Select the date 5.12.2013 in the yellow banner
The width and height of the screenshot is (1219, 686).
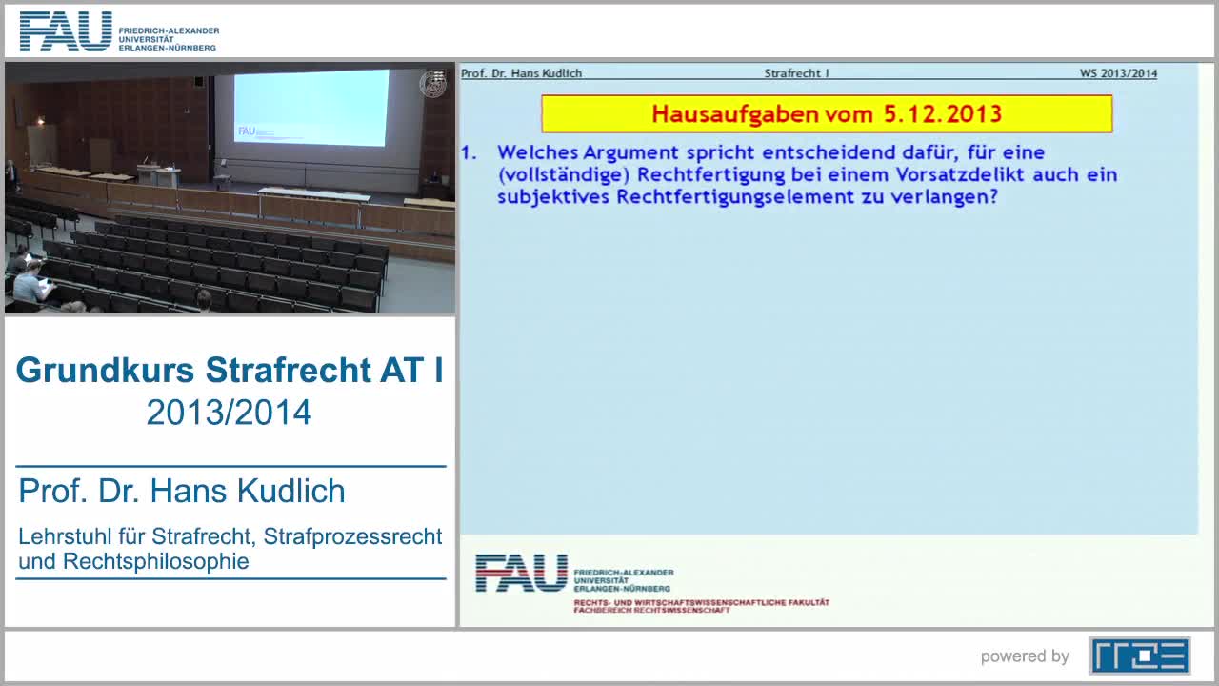click(942, 114)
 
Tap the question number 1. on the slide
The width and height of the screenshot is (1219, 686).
click(469, 152)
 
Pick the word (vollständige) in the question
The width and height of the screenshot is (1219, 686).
click(563, 175)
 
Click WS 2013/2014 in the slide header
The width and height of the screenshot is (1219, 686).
click(1118, 73)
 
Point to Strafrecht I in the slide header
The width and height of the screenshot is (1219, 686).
click(796, 73)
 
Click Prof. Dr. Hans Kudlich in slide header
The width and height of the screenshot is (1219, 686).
click(521, 73)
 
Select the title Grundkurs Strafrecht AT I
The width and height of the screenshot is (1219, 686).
click(230, 370)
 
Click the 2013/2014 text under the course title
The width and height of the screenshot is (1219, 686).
click(229, 413)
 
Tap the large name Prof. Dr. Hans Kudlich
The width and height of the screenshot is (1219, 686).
click(182, 491)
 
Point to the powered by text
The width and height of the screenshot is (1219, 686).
click(1025, 656)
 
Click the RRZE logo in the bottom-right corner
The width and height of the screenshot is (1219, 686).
click(1139, 656)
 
